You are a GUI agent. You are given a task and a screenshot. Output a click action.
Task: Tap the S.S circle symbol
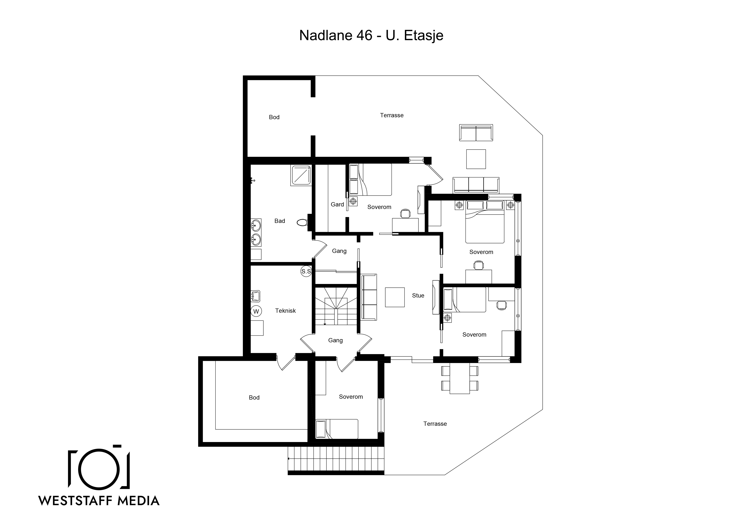306,271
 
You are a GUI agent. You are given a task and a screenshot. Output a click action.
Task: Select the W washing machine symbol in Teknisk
256,311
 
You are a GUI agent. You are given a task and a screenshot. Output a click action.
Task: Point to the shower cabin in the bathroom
301,176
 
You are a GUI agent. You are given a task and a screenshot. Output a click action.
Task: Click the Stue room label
418,295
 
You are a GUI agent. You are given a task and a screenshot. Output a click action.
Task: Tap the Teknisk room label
285,311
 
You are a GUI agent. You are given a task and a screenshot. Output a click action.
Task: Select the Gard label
337,204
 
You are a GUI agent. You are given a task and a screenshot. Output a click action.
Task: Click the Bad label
279,221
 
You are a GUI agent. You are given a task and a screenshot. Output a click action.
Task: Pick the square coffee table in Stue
395,297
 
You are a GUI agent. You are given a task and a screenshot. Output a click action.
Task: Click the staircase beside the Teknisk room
336,306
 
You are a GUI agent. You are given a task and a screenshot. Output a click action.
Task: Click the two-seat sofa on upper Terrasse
476,133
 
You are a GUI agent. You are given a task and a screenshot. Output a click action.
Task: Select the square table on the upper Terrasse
476,159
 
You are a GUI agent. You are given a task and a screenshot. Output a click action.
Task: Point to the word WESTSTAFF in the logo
75,501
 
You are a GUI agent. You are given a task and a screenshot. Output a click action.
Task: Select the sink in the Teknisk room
256,296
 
